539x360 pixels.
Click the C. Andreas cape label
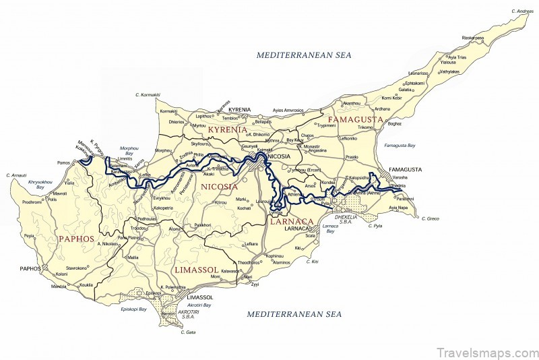[523, 11]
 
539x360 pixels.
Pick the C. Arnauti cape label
[15, 175]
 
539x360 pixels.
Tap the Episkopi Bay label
[133, 309]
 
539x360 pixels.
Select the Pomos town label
[64, 162]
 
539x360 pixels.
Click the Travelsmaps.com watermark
[487, 352]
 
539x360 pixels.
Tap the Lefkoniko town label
[348, 138]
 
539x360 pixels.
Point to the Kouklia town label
[86, 284]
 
